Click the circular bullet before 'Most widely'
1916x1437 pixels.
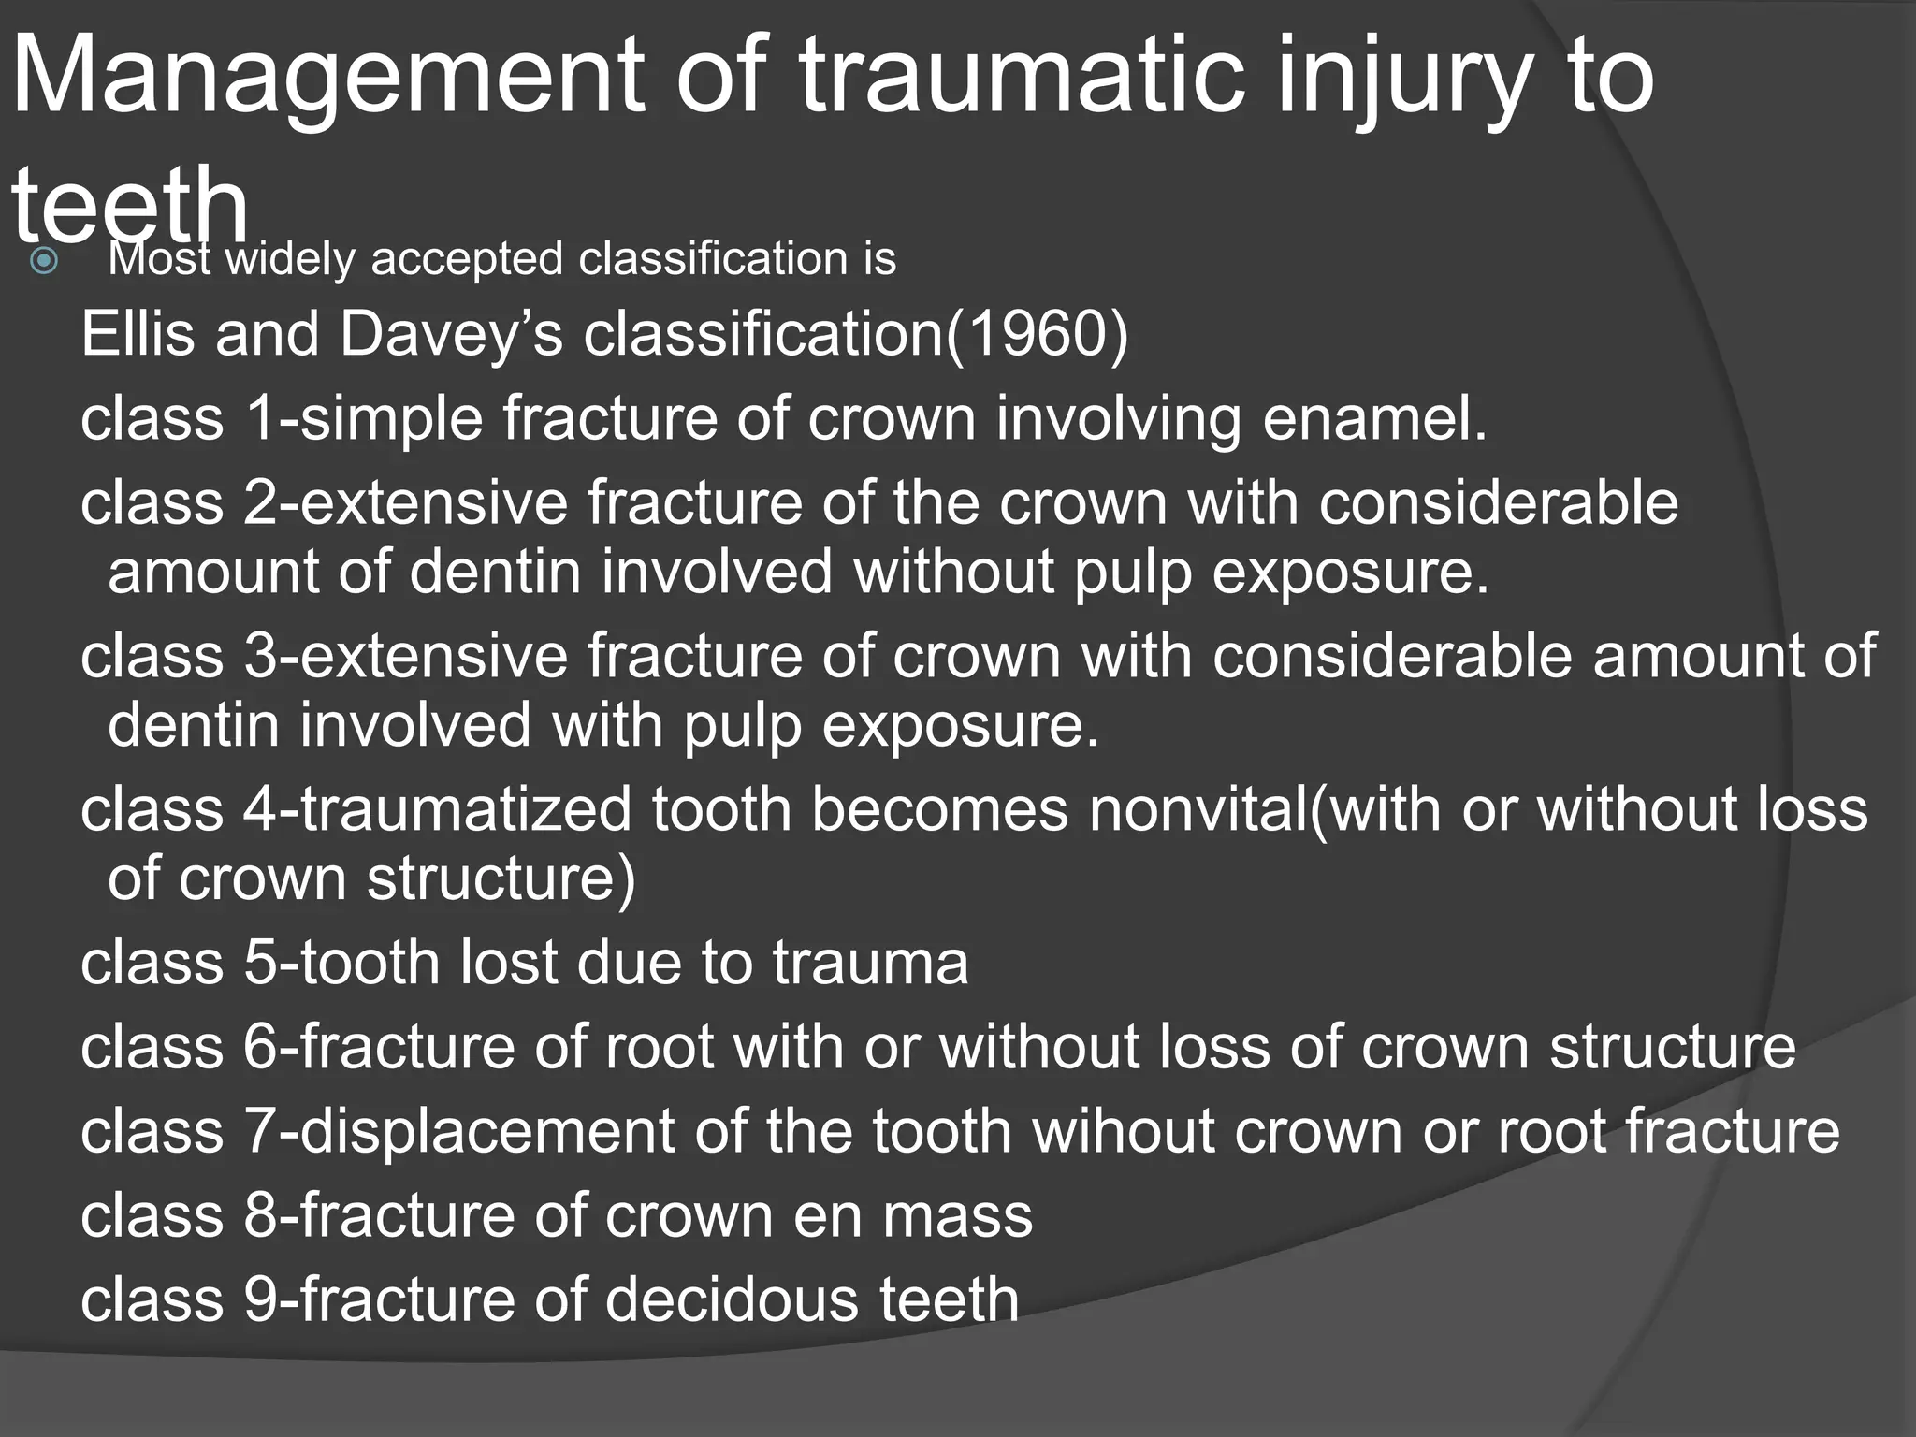44,261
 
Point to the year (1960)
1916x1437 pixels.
1038,333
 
